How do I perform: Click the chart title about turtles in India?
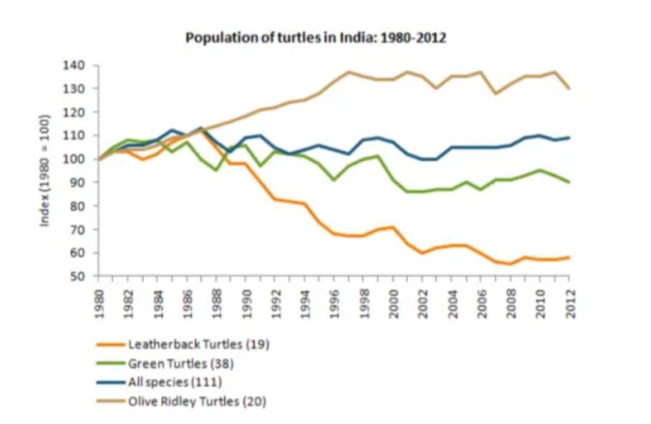coord(315,38)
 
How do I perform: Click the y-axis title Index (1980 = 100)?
coord(44,170)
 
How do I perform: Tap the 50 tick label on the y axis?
coord(79,276)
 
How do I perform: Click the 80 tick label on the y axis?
coord(79,206)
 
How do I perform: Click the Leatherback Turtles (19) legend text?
coord(199,344)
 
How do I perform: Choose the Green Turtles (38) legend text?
coord(181,364)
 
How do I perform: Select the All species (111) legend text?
coord(175,382)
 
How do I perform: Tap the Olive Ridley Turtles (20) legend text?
coord(197,402)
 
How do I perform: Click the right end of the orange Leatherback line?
coord(570,257)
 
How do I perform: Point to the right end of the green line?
coord(570,183)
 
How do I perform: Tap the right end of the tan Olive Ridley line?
coord(570,88)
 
